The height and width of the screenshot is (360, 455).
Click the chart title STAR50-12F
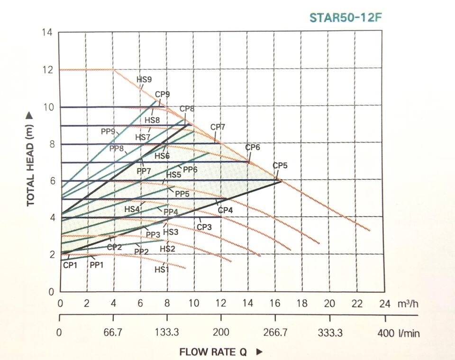[346, 18]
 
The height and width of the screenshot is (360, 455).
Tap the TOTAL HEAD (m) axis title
[31, 159]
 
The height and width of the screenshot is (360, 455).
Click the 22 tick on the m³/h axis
[356, 304]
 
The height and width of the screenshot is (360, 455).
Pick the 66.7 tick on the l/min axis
[113, 333]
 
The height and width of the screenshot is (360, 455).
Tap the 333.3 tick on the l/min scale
[330, 333]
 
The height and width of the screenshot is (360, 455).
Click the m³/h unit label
[407, 304]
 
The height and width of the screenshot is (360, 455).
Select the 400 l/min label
[399, 333]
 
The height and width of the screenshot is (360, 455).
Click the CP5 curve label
[280, 166]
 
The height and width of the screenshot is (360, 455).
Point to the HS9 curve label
[144, 80]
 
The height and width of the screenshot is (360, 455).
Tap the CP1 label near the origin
[70, 265]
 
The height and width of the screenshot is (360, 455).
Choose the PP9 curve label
[109, 131]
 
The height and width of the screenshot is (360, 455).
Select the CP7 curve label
[218, 127]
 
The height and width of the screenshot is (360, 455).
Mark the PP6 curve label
[190, 169]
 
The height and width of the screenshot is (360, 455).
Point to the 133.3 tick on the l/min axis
[167, 333]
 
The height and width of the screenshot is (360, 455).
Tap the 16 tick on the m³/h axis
[275, 304]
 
